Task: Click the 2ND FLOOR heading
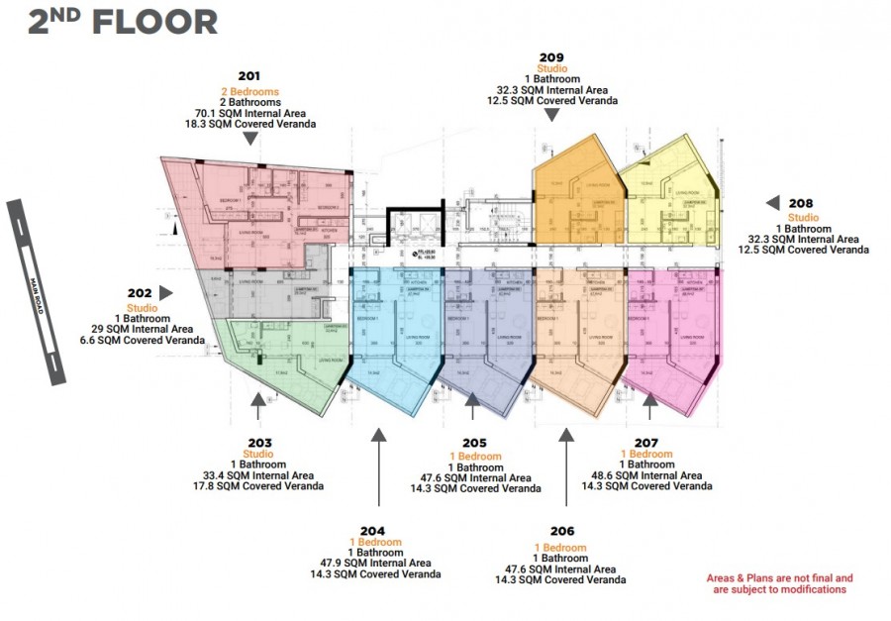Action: tap(122, 22)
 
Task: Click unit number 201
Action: tap(249, 76)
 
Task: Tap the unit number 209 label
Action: tap(552, 56)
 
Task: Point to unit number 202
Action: tap(140, 293)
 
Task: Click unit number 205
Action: tap(474, 443)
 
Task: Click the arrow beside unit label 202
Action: tap(166, 293)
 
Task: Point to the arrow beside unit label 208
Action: tap(772, 203)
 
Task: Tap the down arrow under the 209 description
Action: tap(552, 115)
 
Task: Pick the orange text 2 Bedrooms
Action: tap(249, 91)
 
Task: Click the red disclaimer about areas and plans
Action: tap(779, 583)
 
